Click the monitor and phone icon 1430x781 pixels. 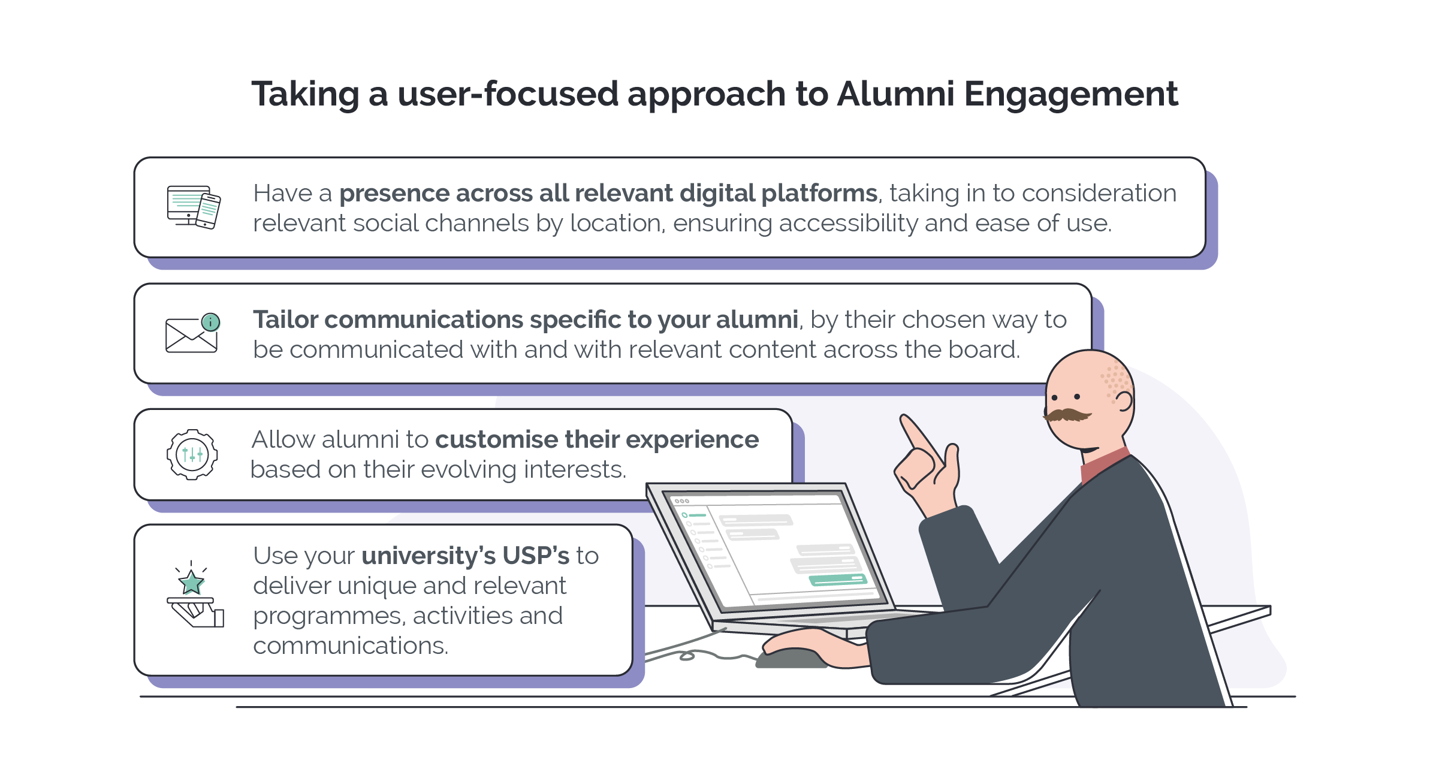point(194,207)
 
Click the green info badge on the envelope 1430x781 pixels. point(210,322)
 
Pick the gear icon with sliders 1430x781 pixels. point(192,454)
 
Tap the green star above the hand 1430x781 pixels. point(191,582)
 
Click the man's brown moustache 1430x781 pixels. point(1067,415)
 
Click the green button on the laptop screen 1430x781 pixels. point(838,580)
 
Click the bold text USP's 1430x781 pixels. point(536,556)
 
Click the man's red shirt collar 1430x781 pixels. point(1105,465)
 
